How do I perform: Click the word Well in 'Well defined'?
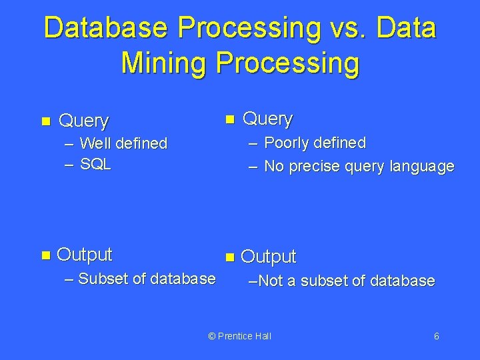(96, 143)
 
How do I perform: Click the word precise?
(315, 166)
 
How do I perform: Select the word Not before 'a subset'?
(270, 281)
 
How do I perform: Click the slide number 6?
(436, 336)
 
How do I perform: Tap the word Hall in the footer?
(263, 336)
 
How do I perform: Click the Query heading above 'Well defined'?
(83, 121)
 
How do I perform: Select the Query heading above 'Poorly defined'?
(267, 119)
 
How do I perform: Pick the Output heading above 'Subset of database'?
(85, 255)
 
